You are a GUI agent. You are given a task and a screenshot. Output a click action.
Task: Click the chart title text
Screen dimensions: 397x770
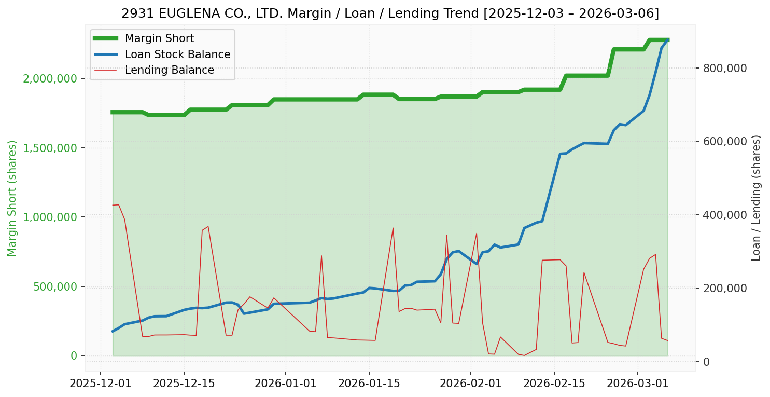coord(390,13)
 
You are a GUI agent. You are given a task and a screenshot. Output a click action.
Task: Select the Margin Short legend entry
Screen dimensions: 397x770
coord(159,38)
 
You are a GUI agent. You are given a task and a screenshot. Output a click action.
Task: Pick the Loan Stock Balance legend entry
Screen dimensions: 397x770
coord(177,54)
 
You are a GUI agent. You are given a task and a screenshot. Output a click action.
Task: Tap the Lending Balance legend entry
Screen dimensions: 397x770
coord(169,70)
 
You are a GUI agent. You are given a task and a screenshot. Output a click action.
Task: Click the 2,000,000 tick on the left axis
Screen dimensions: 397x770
coord(50,78)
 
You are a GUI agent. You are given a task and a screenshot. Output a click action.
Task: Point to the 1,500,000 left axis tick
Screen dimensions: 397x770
coord(50,148)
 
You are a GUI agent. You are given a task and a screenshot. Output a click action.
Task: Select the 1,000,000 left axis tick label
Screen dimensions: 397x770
coord(50,217)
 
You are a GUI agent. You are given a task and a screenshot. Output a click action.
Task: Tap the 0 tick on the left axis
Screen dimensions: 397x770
coord(74,356)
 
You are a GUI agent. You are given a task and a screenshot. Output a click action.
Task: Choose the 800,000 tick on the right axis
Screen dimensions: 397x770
coord(725,68)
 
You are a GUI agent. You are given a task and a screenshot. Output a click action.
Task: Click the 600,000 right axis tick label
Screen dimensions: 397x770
coord(725,142)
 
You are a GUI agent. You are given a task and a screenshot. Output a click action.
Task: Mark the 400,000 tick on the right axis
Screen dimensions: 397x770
coord(725,215)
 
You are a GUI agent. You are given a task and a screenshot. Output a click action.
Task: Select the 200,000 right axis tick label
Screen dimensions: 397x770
coord(725,289)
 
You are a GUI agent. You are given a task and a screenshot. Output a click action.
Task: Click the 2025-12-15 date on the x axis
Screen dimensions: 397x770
coord(184,384)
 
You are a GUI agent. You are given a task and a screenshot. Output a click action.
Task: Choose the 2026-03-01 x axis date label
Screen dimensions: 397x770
coord(637,384)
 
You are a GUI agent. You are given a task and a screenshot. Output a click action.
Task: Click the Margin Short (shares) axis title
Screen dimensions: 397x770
coord(12,198)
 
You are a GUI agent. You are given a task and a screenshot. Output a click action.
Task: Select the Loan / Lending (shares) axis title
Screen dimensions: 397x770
coord(756,198)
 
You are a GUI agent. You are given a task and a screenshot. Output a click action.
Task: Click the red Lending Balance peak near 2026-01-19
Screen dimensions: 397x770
coord(393,228)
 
